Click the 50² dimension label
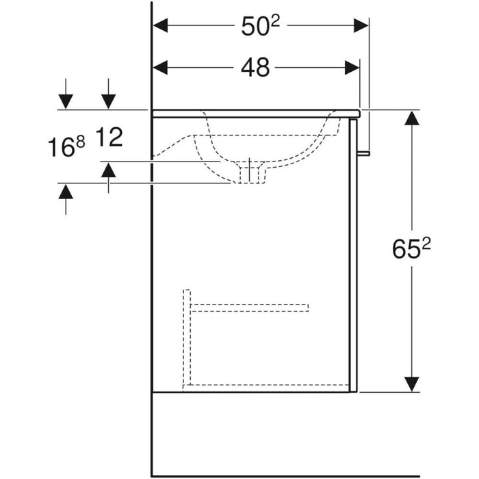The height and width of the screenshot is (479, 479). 260,26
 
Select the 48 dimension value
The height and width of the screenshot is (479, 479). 255,68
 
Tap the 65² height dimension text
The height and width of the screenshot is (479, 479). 411,248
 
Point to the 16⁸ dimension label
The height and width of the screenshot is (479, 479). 66,146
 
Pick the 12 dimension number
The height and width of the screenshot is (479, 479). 109,137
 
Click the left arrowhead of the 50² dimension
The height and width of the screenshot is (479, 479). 160,25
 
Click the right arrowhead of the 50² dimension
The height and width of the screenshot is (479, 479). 361,25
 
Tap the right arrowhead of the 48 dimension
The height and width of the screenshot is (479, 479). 352,68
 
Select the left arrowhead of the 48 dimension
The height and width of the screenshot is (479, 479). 160,68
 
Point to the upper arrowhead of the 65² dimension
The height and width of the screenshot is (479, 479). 411,118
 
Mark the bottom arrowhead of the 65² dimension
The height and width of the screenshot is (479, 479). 411,384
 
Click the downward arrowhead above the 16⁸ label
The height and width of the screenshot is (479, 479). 66,102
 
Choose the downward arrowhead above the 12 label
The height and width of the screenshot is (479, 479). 108,102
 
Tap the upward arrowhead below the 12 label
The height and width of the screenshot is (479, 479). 108,170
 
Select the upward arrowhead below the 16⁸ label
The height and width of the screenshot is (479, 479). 66,192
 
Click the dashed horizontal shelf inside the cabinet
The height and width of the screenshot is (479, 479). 249,308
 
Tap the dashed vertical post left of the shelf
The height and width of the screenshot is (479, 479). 187,337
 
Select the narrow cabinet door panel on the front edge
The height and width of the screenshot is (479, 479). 353,255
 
